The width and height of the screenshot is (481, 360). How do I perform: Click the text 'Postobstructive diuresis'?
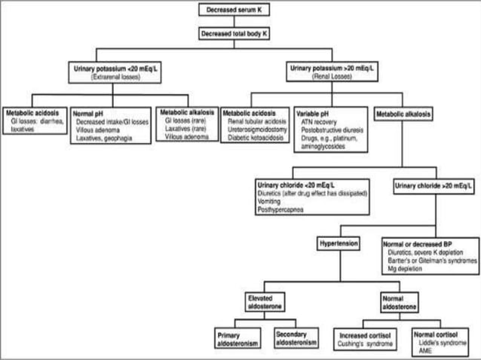coord(331,129)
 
